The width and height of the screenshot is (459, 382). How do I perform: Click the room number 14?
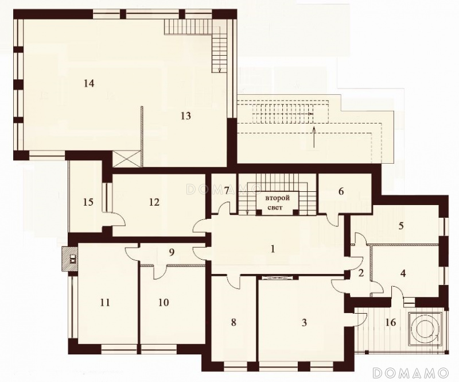coord(89,83)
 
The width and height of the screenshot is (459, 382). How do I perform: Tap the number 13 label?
coord(186,116)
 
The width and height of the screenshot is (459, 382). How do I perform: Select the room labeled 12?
coord(154,202)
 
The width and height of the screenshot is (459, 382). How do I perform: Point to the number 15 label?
coord(88,202)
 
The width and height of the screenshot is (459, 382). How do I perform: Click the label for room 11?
coord(105,302)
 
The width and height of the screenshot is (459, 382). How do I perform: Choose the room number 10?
coord(164,302)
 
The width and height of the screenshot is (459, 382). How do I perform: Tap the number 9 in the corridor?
coord(172,252)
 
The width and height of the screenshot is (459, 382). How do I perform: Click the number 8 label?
coord(234,322)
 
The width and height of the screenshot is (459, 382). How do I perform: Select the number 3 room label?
coord(304,322)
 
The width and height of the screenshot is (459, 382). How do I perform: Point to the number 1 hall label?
coord(273,249)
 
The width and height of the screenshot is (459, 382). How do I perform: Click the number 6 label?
coord(341,191)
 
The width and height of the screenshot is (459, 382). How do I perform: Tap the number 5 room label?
coord(401,226)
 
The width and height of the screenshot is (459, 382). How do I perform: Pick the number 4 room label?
coord(403,273)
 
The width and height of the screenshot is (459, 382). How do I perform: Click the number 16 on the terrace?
coord(391,322)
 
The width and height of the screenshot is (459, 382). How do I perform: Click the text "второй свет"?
coord(278,203)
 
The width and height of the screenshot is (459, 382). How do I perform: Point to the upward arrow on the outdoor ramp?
coord(313,137)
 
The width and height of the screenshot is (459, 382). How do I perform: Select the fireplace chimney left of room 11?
coord(69,258)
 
